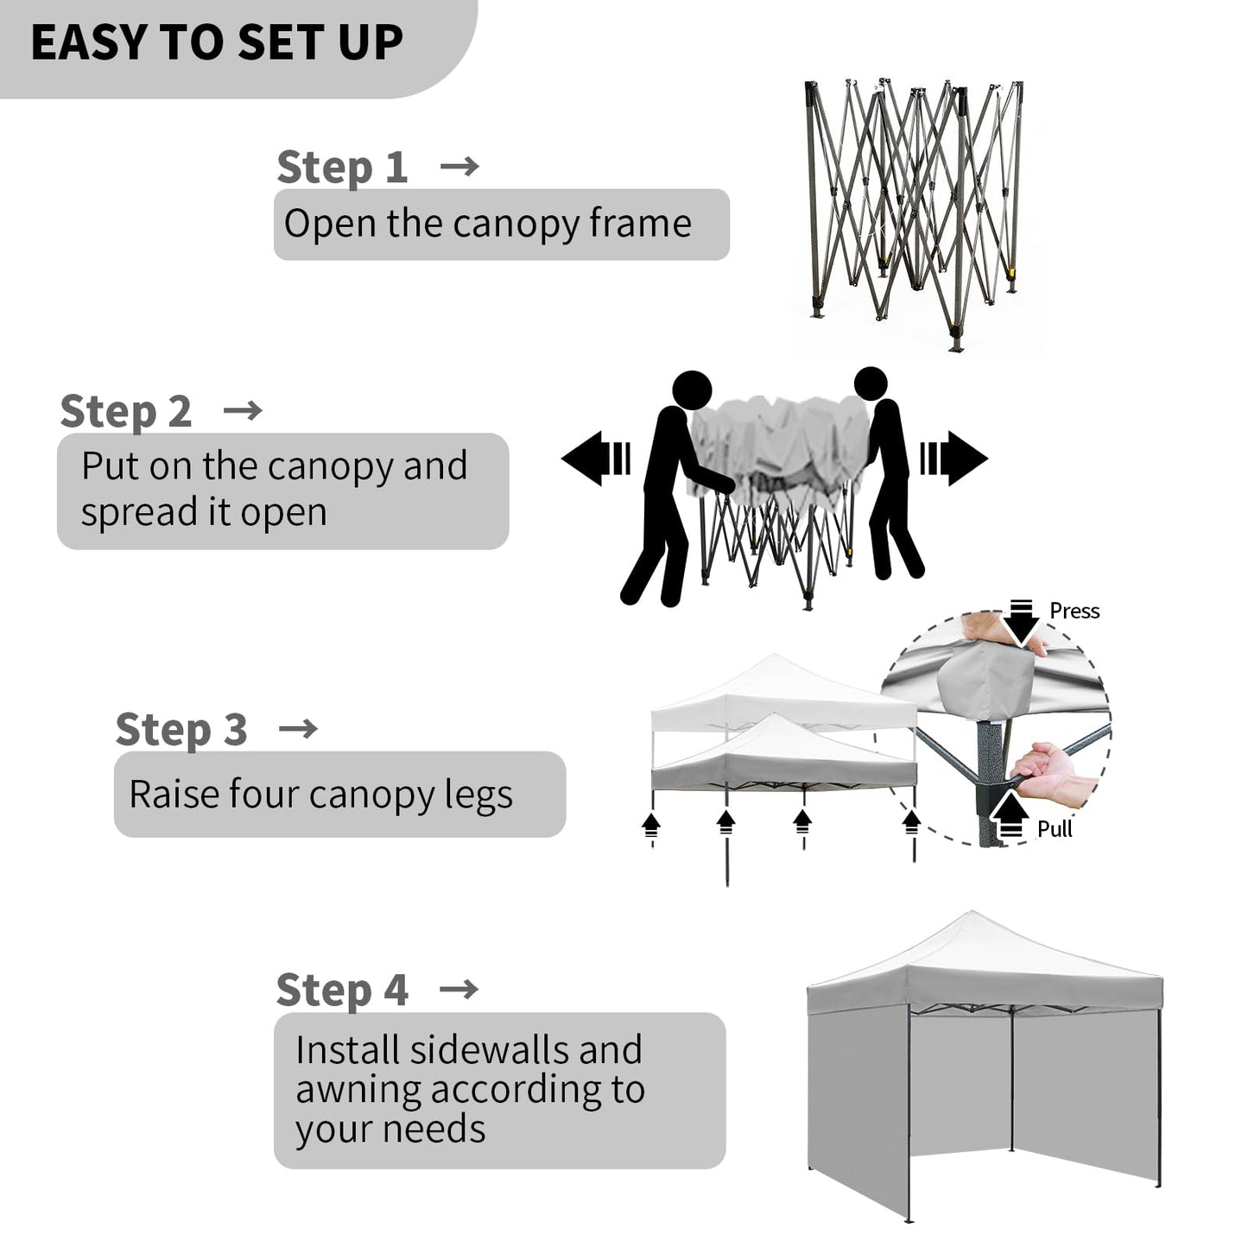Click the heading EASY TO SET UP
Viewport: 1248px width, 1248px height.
point(217,42)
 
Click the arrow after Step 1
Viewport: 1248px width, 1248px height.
point(459,167)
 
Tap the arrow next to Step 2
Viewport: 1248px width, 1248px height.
point(242,410)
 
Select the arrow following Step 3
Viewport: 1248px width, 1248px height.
point(298,729)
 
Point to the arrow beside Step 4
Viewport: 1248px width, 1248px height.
point(459,990)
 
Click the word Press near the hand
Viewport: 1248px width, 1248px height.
point(1074,611)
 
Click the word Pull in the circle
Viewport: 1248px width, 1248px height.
point(1055,829)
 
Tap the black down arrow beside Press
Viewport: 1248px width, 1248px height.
point(1021,623)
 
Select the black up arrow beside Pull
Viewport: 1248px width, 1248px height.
point(1010,817)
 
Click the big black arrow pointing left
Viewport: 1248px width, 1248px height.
point(595,459)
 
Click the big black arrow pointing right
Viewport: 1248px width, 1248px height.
point(954,459)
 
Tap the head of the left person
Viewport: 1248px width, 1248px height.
point(692,390)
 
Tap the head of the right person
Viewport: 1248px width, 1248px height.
point(871,383)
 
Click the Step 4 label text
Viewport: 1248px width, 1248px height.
point(343,991)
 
